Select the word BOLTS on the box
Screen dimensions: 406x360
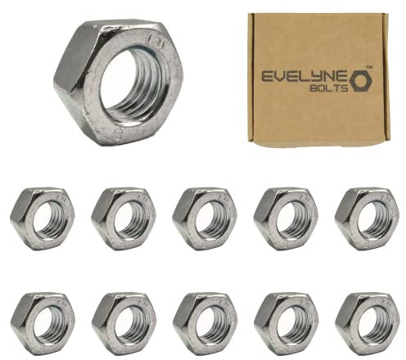(329, 88)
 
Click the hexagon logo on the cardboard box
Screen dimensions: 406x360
(361, 80)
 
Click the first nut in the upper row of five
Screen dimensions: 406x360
(43, 218)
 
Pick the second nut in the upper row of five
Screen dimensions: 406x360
(124, 218)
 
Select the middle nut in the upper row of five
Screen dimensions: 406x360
(205, 218)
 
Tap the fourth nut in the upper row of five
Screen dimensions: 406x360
(286, 218)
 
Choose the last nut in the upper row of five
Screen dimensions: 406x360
(367, 218)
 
